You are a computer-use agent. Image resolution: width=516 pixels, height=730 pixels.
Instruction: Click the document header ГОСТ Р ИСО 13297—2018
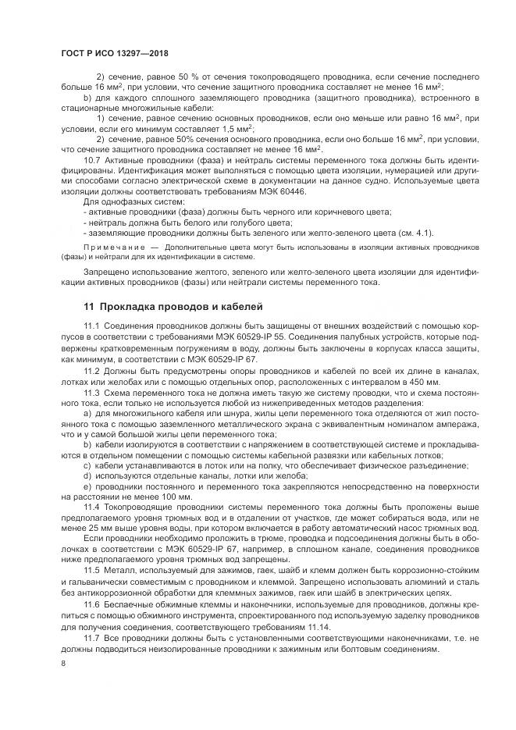click(x=115, y=52)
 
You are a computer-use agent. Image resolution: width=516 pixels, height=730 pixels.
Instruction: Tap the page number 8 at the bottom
click(x=63, y=664)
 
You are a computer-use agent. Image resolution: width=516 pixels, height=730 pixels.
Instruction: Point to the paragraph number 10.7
click(x=94, y=160)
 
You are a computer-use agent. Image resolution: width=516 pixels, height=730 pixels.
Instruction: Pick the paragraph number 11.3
click(x=94, y=394)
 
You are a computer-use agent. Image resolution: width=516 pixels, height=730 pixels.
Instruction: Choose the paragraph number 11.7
click(x=94, y=637)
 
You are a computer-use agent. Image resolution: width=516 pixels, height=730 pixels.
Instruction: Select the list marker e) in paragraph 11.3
click(x=86, y=486)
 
